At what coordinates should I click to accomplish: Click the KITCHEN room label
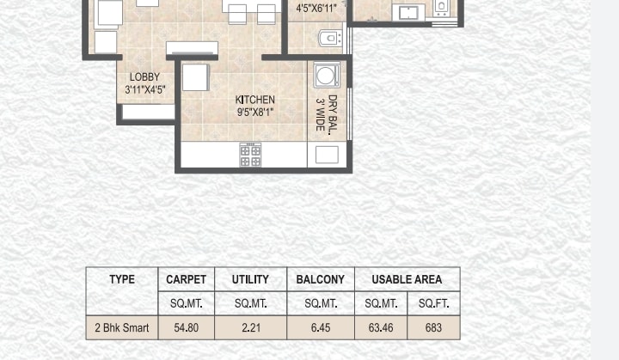click(255, 100)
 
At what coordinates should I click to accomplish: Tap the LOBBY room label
click(145, 77)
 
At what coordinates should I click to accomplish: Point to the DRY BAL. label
click(333, 115)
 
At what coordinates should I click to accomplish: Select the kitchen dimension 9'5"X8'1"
click(255, 112)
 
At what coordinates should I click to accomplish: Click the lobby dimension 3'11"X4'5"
click(145, 89)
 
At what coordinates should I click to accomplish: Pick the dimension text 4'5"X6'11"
click(316, 8)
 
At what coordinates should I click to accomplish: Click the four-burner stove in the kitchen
click(250, 156)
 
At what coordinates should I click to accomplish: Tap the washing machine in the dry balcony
click(327, 75)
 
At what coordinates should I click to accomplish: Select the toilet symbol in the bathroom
click(330, 39)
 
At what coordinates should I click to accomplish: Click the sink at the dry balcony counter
click(327, 155)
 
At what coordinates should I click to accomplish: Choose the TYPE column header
click(122, 279)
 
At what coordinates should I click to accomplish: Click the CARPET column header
click(186, 279)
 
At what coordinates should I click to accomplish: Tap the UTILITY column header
click(250, 279)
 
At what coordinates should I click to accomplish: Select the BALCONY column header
click(320, 279)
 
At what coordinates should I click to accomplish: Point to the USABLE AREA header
click(407, 279)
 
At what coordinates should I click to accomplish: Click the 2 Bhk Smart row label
click(122, 327)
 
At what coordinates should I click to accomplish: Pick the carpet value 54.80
click(186, 327)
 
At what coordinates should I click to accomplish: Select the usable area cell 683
click(433, 327)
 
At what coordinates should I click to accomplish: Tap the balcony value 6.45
click(320, 327)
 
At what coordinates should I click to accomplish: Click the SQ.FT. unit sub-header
click(433, 303)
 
